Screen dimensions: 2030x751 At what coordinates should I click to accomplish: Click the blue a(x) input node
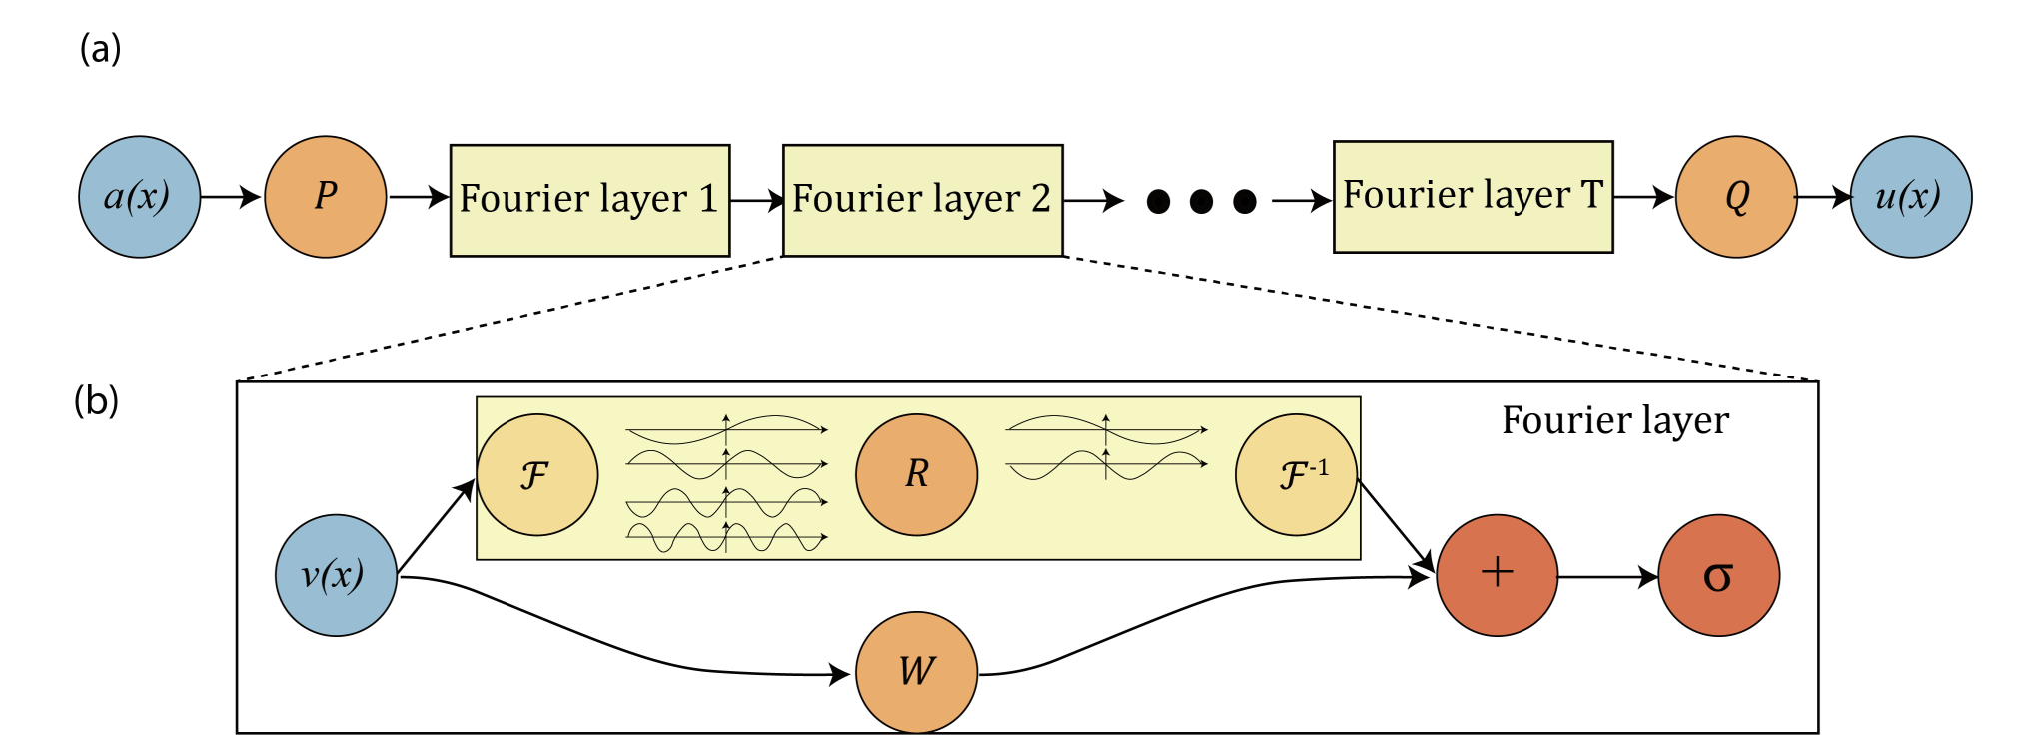140,197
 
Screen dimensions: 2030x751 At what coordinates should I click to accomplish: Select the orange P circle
326,197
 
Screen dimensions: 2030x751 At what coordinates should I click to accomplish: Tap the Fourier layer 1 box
590,201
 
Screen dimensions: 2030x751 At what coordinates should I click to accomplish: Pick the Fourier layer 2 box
923,201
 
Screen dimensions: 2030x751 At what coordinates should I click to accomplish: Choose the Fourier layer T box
1474,197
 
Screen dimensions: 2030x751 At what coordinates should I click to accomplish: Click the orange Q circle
1736,197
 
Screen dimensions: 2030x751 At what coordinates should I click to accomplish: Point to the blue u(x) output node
1911,197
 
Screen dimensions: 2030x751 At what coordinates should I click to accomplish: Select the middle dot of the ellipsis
1201,202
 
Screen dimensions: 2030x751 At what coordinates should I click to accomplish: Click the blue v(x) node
336,575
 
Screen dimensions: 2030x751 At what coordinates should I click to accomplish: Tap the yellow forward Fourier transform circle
537,475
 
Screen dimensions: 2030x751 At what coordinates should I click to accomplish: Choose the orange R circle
917,475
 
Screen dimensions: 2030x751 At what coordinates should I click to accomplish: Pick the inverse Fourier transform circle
1297,475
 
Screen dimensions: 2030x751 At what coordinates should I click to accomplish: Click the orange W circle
917,672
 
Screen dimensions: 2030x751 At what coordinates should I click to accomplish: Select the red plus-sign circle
1498,575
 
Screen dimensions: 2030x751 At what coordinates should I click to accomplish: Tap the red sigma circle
1719,575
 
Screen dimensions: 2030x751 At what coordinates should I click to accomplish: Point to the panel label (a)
100,48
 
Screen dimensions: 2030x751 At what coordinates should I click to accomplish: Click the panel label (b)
96,400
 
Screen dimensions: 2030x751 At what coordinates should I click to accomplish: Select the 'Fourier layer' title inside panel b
1615,420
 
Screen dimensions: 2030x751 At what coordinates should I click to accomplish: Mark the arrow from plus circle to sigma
1608,577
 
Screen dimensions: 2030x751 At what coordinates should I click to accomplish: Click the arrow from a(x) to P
231,197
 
